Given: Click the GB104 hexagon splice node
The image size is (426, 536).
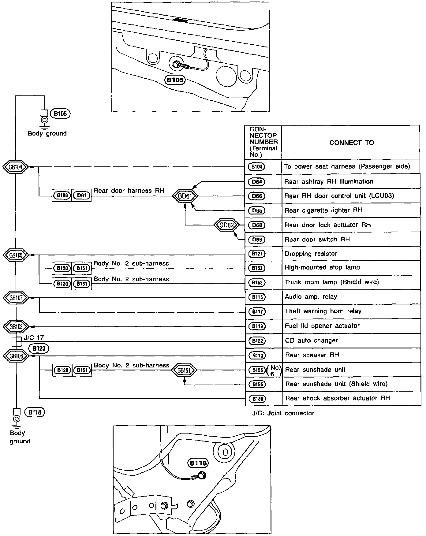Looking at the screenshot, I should pyautogui.click(x=16, y=167).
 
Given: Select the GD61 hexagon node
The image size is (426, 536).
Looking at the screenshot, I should pyautogui.click(x=185, y=196).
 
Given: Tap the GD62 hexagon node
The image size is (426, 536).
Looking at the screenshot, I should pyautogui.click(x=227, y=225).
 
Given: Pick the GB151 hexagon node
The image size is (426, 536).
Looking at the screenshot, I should pyautogui.click(x=184, y=370).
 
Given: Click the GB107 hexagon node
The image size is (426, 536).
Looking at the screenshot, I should pyautogui.click(x=16, y=298).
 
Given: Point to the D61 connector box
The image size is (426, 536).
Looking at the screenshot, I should pyautogui.click(x=82, y=195).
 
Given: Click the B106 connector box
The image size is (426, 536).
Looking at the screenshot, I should pyautogui.click(x=62, y=195).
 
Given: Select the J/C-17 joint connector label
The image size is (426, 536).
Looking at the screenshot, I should pyautogui.click(x=34, y=338).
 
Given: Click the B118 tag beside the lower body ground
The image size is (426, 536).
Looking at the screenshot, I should pyautogui.click(x=34, y=412).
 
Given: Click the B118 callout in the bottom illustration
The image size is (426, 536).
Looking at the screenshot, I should pyautogui.click(x=198, y=463).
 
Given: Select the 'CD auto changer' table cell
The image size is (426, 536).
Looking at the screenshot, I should pyautogui.click(x=311, y=341).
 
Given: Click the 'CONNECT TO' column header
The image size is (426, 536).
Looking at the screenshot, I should pyautogui.click(x=351, y=143).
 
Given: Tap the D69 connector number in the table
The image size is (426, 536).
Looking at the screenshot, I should pyautogui.click(x=257, y=240).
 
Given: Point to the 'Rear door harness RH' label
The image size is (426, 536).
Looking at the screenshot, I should pyautogui.click(x=129, y=191).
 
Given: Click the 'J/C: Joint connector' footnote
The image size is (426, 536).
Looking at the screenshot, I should pyautogui.click(x=283, y=413).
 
